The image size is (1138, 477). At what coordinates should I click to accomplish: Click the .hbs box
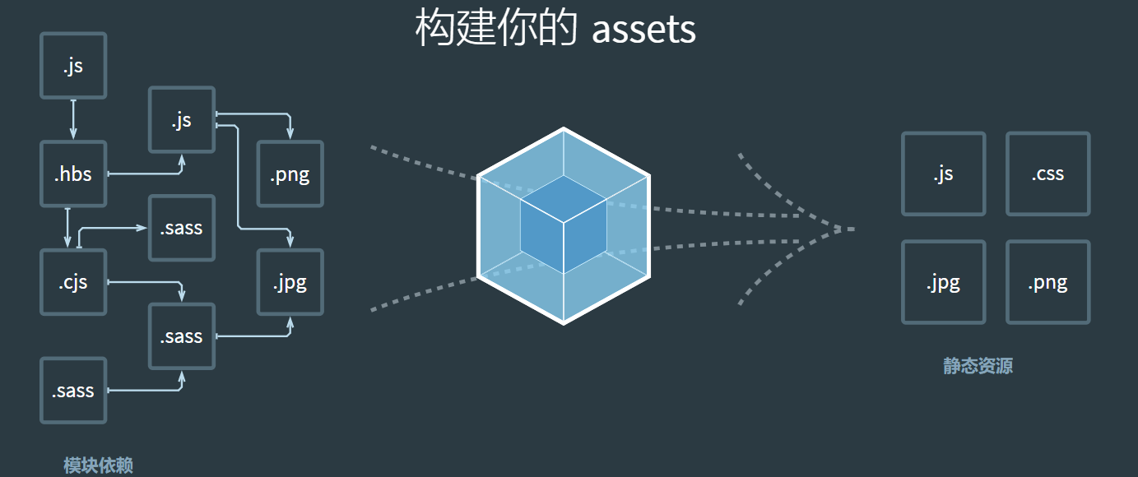coord(74,174)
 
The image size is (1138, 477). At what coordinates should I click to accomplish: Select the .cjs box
coord(74,282)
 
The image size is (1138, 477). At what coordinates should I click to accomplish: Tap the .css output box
coord(1048,174)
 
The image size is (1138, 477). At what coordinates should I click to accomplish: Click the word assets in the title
coord(643,30)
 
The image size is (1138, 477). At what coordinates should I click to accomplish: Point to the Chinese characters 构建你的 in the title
coord(496,28)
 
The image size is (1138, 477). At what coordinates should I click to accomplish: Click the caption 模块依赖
coord(98,465)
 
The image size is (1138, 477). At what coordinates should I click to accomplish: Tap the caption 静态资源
coord(978,366)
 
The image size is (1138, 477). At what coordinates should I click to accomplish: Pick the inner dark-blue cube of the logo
coord(564,225)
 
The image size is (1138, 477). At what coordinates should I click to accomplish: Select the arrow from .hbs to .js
coord(152,174)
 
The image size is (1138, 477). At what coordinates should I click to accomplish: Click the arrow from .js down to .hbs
coord(73,119)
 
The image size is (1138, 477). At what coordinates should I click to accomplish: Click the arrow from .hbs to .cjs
coord(67,228)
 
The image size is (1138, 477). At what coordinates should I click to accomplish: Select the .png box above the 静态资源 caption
coord(1048,282)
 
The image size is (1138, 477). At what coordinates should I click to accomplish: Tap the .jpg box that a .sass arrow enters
coord(290,282)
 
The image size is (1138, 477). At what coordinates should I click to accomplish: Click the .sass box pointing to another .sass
coord(74,390)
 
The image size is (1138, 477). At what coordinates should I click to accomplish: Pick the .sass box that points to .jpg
coord(182,336)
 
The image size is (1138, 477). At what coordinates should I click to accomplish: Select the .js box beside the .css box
coord(944,174)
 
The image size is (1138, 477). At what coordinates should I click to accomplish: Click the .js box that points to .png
coord(182,119)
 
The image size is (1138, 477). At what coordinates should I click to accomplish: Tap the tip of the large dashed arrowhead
coord(854,229)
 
